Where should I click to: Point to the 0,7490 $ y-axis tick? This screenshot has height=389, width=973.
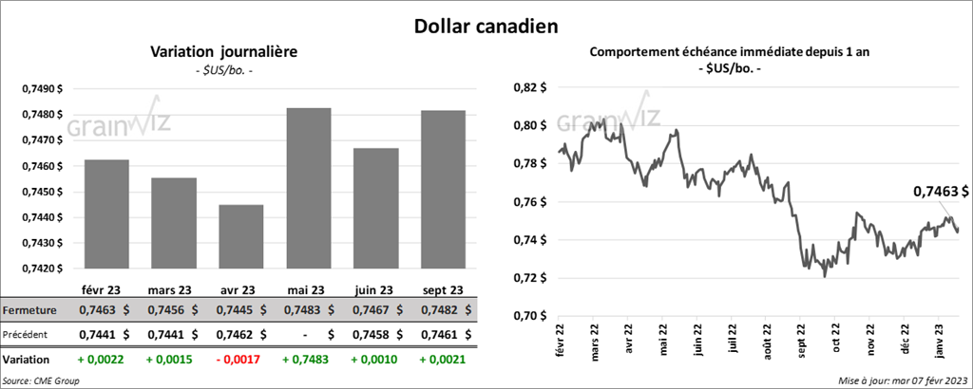[42, 88]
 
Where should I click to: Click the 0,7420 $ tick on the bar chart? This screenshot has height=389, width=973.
[42, 269]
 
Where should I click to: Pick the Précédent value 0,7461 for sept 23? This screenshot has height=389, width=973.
[434, 334]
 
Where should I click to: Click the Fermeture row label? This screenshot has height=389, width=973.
[29, 310]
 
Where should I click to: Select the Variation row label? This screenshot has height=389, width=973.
[28, 361]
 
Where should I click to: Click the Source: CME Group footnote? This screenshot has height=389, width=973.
[41, 380]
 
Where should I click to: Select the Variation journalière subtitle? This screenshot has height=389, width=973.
[224, 53]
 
